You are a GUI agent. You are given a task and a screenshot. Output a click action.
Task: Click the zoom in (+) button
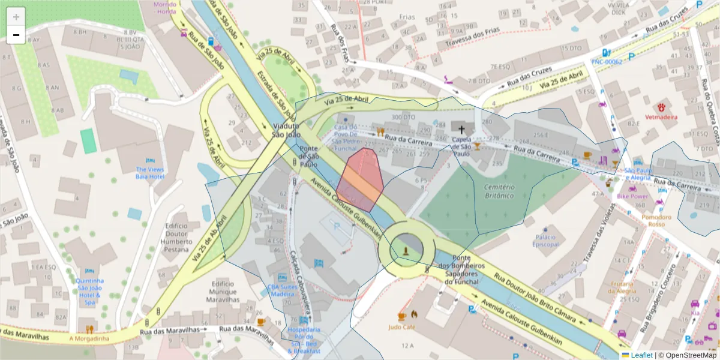(16, 17)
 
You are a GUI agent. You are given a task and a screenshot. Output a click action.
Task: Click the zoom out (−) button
(16, 35)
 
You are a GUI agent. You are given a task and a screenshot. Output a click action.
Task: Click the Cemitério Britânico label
(499, 191)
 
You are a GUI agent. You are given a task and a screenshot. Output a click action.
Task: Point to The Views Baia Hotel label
(149, 173)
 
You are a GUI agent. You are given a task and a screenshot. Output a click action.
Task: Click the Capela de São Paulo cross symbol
(461, 129)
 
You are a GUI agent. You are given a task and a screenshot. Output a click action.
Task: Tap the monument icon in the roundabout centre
(406, 250)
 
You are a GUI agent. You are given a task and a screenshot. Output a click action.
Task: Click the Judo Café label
(401, 327)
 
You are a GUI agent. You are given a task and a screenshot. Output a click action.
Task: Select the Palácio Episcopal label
(546, 240)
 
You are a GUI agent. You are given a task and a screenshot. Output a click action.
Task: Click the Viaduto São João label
(286, 130)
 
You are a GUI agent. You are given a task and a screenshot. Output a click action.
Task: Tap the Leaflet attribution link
(641, 355)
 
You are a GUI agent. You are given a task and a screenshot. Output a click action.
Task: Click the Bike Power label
(632, 196)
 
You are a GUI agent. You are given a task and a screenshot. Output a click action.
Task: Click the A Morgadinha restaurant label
(89, 338)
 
